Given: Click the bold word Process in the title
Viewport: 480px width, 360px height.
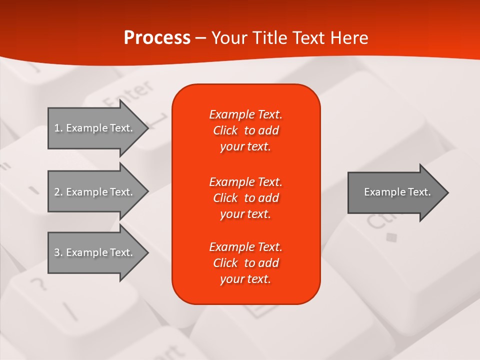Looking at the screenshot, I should click(x=157, y=38).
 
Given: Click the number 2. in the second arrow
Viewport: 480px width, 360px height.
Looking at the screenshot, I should click(x=58, y=192).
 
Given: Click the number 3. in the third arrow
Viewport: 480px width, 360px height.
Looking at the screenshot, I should click(x=58, y=252).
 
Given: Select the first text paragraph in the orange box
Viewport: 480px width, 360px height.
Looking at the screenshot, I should click(x=245, y=130).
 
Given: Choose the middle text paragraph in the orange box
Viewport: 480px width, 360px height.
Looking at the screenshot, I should click(x=245, y=198).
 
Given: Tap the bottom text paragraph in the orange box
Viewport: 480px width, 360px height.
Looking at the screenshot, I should click(x=245, y=263).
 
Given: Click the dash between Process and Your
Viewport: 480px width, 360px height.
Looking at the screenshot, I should click(x=200, y=38).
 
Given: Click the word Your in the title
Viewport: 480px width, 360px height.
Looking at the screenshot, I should click(x=229, y=38).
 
